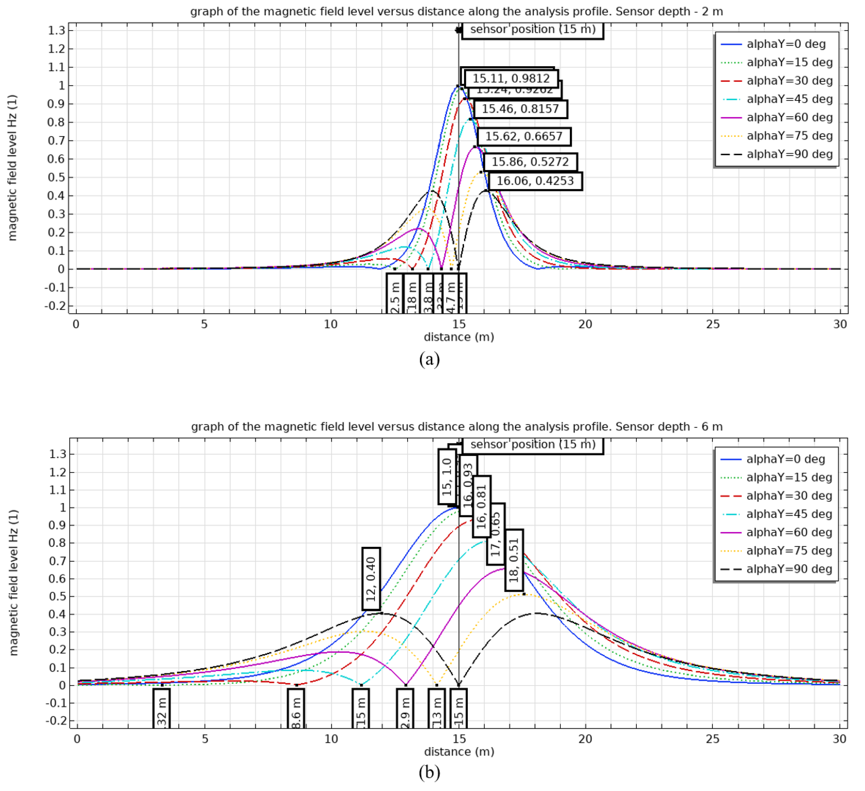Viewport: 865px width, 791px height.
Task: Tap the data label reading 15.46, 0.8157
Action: pyautogui.click(x=520, y=109)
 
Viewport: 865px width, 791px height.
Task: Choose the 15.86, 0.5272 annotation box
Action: pyautogui.click(x=530, y=162)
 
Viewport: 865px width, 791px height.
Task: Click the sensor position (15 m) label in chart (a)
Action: pyautogui.click(x=532, y=29)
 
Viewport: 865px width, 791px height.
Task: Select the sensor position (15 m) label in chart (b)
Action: pyautogui.click(x=532, y=444)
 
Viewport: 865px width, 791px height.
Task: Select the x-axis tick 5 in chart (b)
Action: pyautogui.click(x=205, y=739)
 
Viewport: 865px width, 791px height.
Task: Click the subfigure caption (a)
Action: pyautogui.click(x=429, y=359)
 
